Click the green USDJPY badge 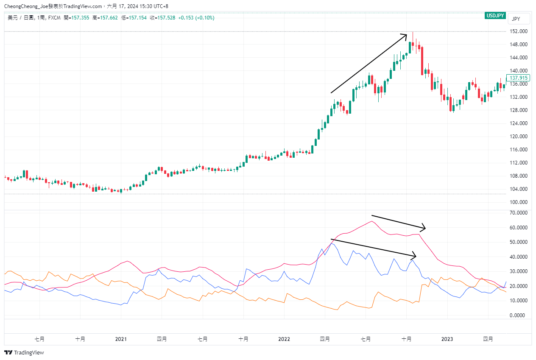click(495, 16)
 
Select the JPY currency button click(516, 19)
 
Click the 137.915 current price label click(518, 78)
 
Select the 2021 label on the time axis click(121, 339)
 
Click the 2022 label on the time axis click(284, 339)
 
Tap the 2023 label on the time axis click(447, 339)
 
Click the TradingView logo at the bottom click(24, 353)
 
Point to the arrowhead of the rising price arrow click(407, 34)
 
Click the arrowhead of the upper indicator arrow click(424, 227)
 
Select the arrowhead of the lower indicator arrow click(416, 256)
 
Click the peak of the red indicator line click(372, 221)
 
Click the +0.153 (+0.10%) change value click(196, 18)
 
